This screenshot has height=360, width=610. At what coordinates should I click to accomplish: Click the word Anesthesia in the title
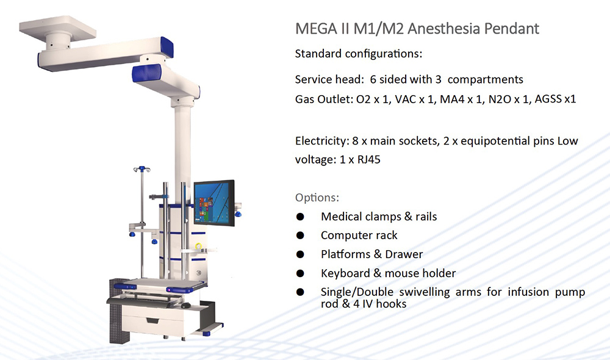pyautogui.click(x=439, y=29)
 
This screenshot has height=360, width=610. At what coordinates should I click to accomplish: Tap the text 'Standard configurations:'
pyautogui.click(x=358, y=54)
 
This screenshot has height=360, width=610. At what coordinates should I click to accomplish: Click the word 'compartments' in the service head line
pyautogui.click(x=485, y=79)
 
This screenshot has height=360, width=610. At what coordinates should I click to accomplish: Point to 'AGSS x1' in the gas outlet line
pyautogui.click(x=555, y=99)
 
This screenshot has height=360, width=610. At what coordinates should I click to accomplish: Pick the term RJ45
pyautogui.click(x=369, y=160)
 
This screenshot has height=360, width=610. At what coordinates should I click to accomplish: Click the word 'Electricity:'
pyautogui.click(x=322, y=141)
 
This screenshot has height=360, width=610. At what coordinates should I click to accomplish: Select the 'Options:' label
pyautogui.click(x=317, y=198)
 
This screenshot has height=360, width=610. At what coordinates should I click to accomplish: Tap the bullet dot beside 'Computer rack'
pyautogui.click(x=300, y=236)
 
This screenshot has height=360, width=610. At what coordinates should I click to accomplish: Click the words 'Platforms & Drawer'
pyautogui.click(x=371, y=254)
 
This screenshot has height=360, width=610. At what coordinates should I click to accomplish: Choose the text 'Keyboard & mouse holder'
pyautogui.click(x=388, y=273)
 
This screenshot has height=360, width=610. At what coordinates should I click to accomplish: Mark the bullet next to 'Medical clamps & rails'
pyautogui.click(x=300, y=217)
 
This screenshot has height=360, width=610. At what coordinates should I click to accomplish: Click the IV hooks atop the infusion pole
pyautogui.click(x=142, y=169)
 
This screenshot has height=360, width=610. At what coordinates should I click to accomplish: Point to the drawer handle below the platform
pyautogui.click(x=152, y=320)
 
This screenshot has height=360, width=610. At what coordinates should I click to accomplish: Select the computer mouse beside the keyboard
pyautogui.click(x=186, y=306)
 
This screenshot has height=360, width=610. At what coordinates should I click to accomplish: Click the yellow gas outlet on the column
pyautogui.click(x=198, y=247)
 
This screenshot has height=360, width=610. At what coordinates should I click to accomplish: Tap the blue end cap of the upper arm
pyautogui.click(x=167, y=47)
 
